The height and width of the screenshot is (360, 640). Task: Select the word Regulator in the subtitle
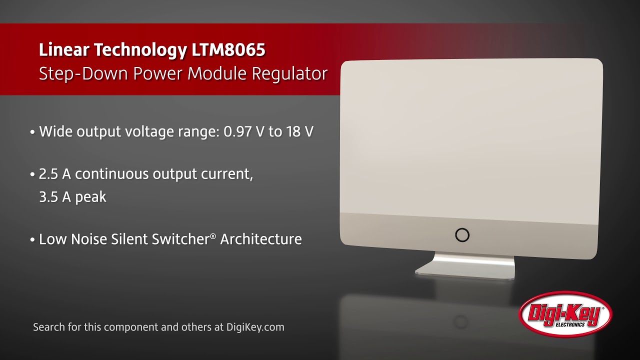tap(289, 73)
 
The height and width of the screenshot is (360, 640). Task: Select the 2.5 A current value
tap(55, 174)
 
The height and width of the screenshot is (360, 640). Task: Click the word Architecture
tap(260, 239)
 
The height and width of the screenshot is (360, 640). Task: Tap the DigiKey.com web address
tap(255, 327)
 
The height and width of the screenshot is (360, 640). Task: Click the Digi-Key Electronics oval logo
tap(565, 314)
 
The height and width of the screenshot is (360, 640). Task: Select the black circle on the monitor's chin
tap(462, 235)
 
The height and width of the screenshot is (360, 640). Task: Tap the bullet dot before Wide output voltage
tap(32, 132)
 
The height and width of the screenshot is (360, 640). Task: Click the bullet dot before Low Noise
tap(32, 240)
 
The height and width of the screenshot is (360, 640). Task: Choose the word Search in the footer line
tap(48, 327)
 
